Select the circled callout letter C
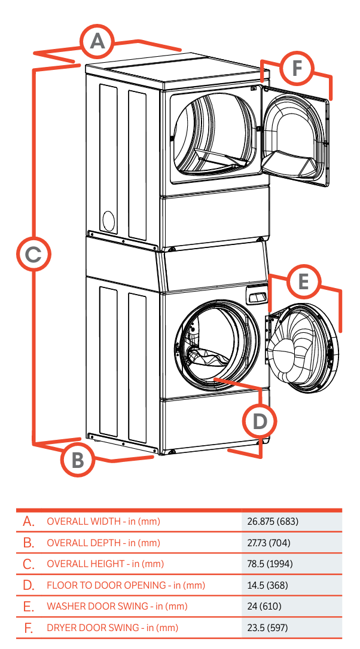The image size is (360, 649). pyautogui.click(x=33, y=255)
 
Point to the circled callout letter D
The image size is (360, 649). pyautogui.click(x=260, y=422)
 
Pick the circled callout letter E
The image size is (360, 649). pyautogui.click(x=303, y=281)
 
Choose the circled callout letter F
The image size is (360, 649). pyautogui.click(x=296, y=70)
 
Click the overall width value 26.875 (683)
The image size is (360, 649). pyautogui.click(x=273, y=522)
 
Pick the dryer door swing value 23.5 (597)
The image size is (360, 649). pyautogui.click(x=267, y=628)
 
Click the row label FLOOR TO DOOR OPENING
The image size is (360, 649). pyautogui.click(x=126, y=586)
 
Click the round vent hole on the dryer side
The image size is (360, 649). pyautogui.click(x=108, y=221)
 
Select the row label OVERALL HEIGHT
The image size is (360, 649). pyautogui.click(x=105, y=564)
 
